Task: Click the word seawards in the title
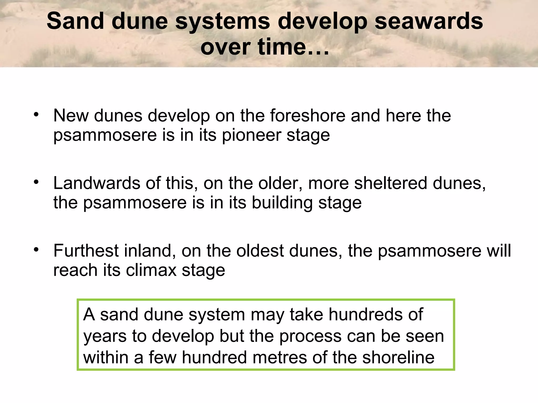point(428,22)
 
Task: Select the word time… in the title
point(293,47)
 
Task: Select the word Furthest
point(86,251)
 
